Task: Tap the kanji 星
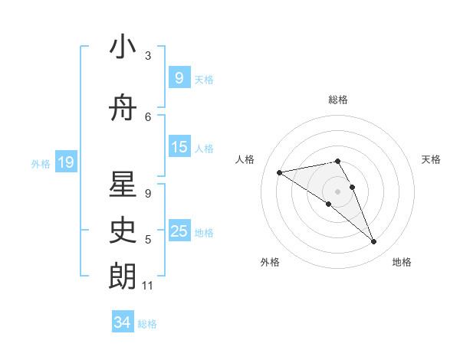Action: pos(123,184)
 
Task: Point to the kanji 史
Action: pos(123,230)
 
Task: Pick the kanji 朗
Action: pos(123,276)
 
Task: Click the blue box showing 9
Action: pos(179,77)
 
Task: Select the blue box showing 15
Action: pos(179,147)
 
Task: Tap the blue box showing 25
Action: pos(179,231)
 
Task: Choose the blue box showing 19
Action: pos(66,162)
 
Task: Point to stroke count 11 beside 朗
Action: pos(148,286)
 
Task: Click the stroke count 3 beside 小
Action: pos(148,56)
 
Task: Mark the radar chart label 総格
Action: pos(337,100)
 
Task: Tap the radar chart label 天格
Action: pos(432,159)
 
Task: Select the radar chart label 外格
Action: pos(270,262)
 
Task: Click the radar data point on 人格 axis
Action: pos(280,172)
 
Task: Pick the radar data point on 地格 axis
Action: pos(374,242)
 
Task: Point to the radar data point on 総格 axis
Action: pos(337,161)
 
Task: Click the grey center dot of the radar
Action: pos(337,191)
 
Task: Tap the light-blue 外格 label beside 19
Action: pos(40,163)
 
